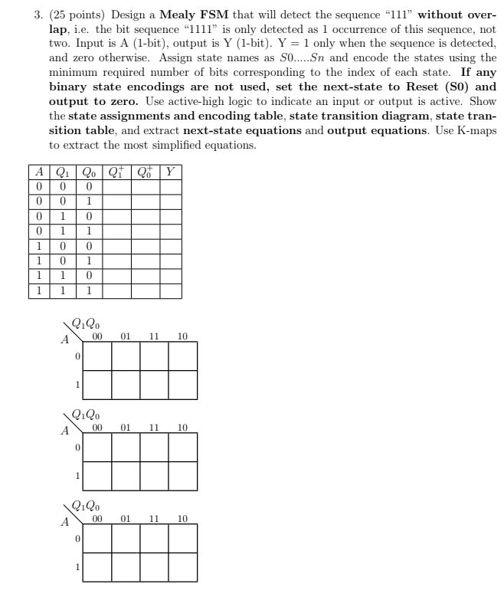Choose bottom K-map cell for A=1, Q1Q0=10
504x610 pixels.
tap(182, 568)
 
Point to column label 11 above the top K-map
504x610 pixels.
tap(154, 336)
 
